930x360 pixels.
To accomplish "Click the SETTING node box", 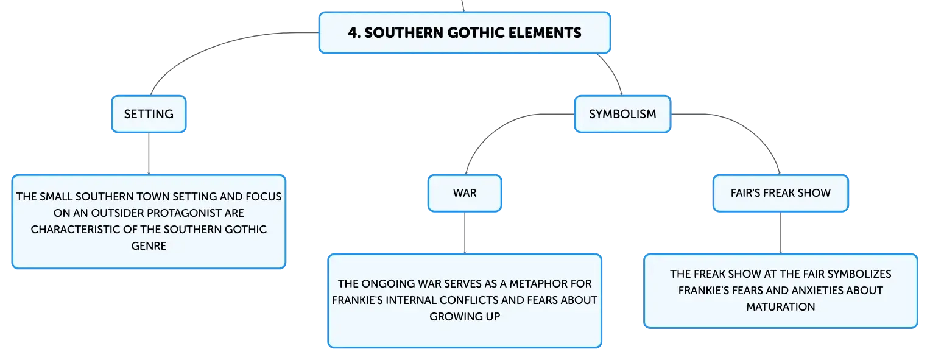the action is click(x=149, y=114).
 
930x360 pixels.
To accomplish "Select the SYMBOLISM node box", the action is click(x=622, y=114).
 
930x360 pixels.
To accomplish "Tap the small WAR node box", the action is click(x=465, y=193).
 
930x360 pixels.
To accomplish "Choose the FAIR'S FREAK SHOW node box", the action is click(x=781, y=193).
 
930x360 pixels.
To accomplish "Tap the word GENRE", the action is click(x=149, y=246).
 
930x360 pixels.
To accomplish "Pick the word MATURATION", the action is click(x=781, y=307).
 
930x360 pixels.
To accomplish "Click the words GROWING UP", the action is click(x=465, y=316).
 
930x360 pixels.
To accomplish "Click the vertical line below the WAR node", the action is click(x=465, y=233).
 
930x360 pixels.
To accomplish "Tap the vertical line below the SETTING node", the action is click(x=149, y=154).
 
